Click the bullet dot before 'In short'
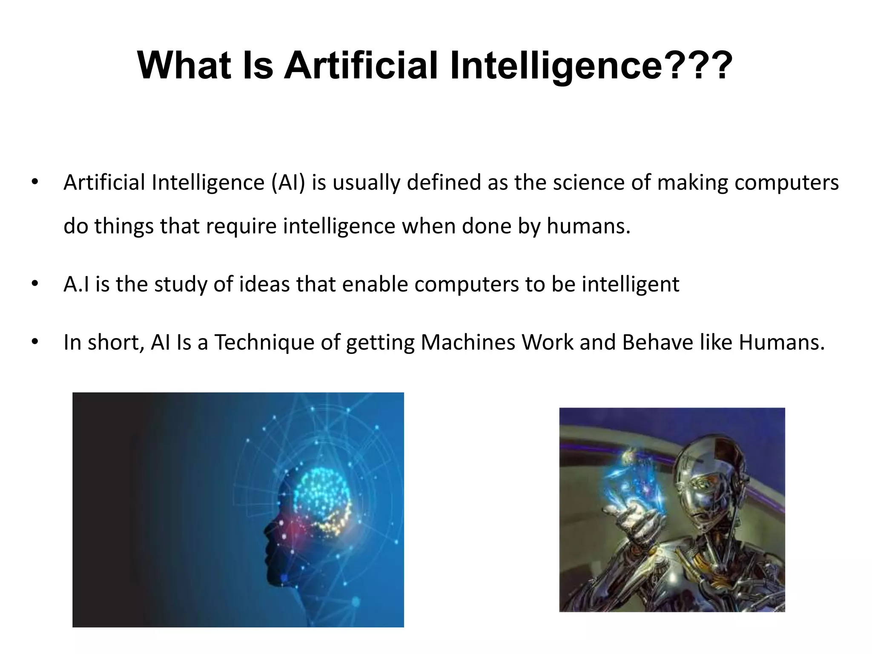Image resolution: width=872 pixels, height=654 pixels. pos(34,342)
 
